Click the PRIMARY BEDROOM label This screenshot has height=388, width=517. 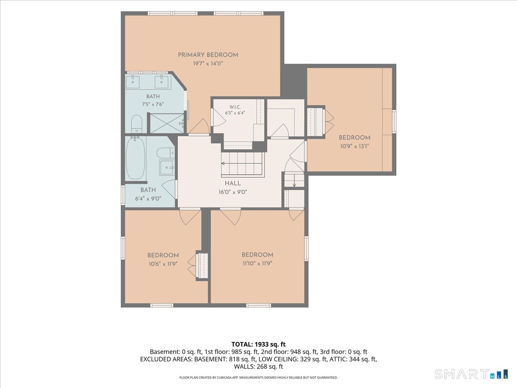point(208,55)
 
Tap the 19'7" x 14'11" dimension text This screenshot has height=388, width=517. point(208,64)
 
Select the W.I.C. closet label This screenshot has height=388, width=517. point(235,107)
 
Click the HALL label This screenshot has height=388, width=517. point(233,183)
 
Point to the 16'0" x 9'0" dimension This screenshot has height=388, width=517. point(233,192)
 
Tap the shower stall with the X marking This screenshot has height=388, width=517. point(167,123)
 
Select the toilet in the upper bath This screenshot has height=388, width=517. point(137,124)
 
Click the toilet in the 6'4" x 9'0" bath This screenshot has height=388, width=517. point(166,153)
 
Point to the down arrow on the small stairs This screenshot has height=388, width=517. point(294,181)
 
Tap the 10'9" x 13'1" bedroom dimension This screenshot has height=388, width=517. point(355,146)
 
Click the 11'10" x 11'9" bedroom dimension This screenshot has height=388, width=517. point(258,263)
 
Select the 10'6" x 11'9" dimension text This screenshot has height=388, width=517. point(163,264)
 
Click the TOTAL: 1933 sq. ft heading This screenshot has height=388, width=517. point(258,344)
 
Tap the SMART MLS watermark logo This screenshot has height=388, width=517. point(471,374)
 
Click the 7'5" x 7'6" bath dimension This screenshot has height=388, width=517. point(153,104)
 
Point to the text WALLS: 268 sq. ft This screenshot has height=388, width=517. point(258,366)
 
